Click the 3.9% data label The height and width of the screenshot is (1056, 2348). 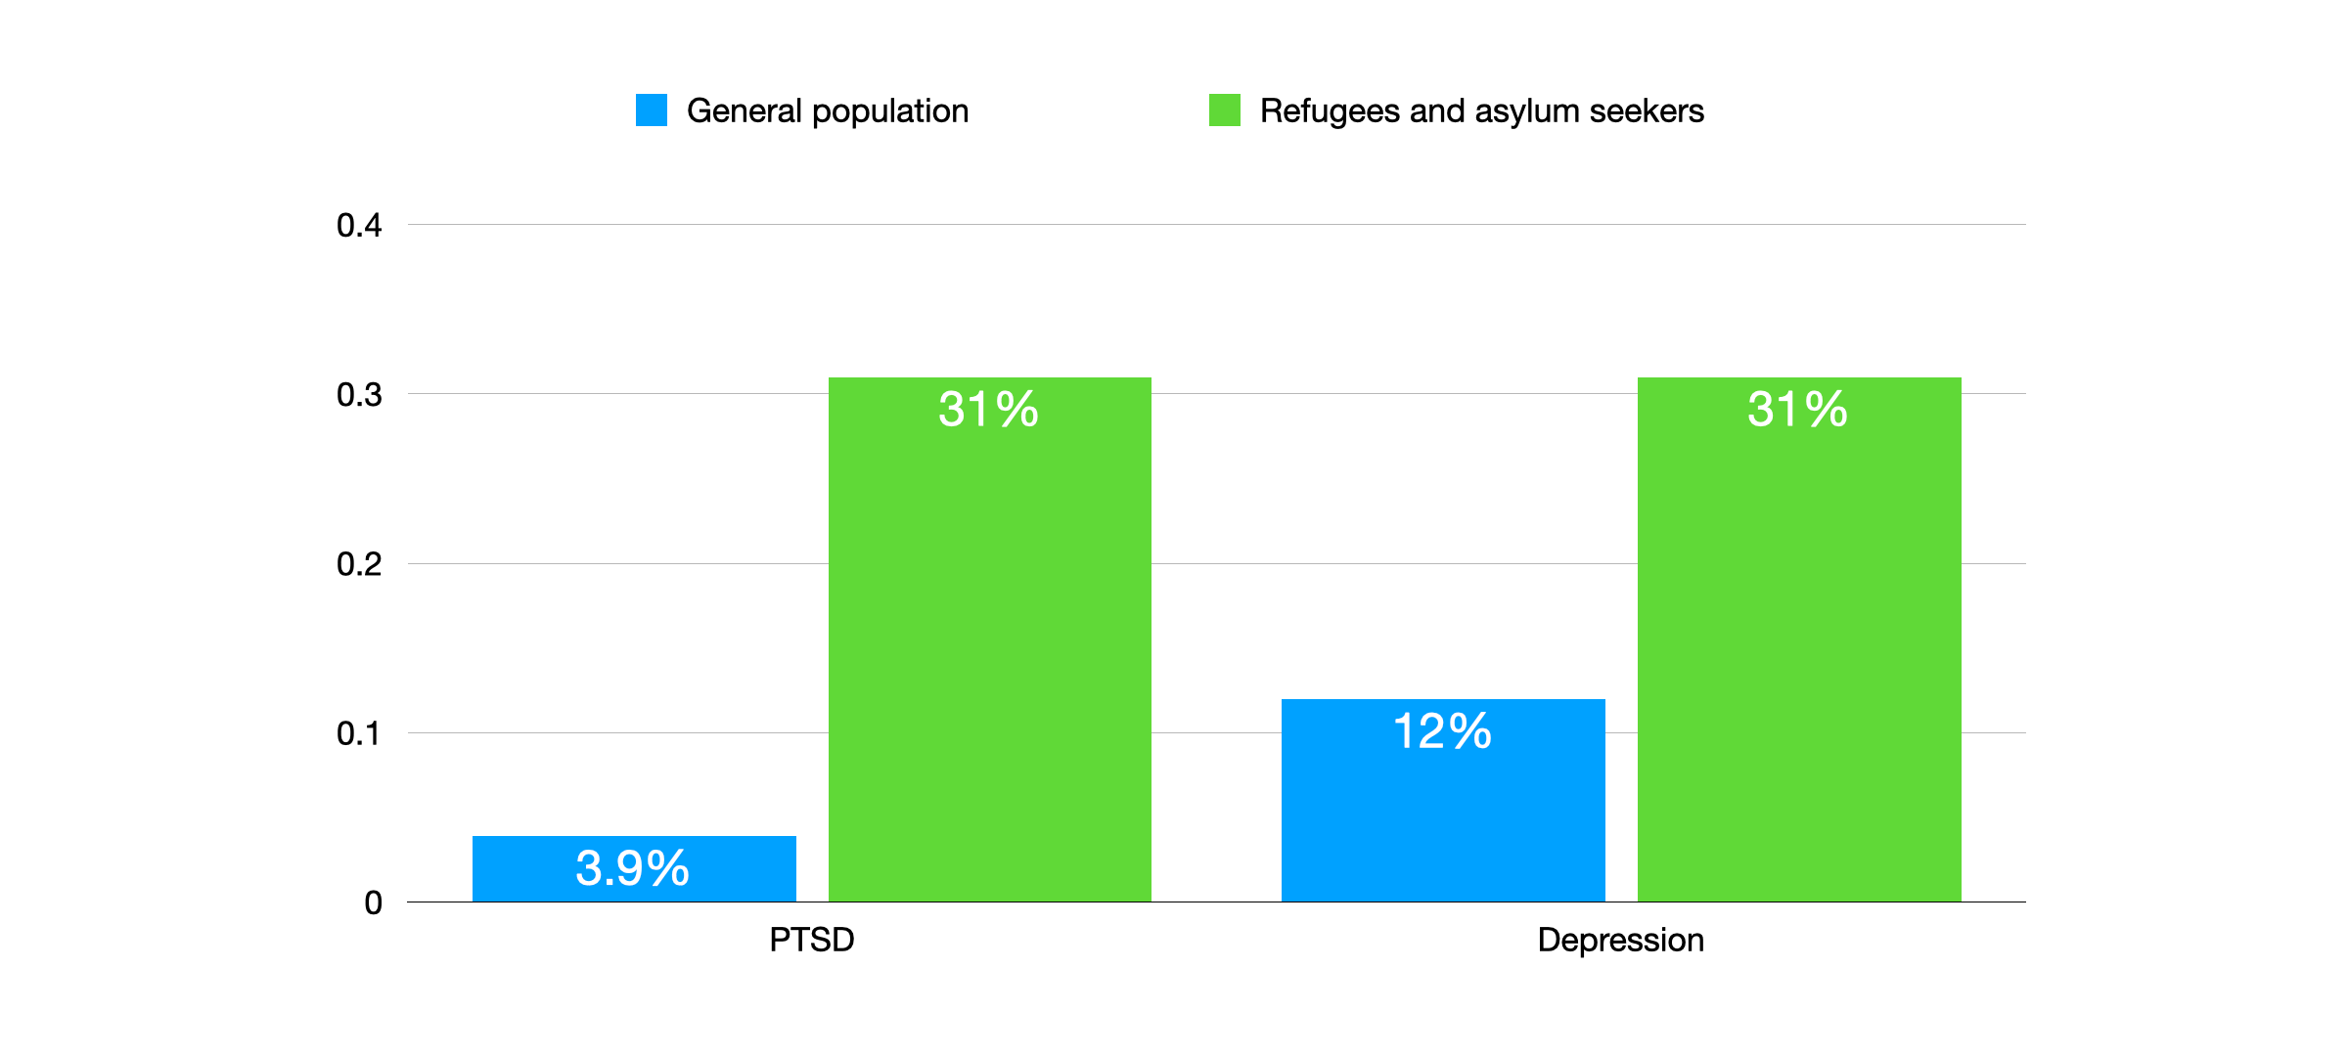pyautogui.click(x=633, y=868)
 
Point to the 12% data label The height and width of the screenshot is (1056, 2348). pyautogui.click(x=1442, y=731)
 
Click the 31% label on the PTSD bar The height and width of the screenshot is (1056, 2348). pyautogui.click(x=989, y=409)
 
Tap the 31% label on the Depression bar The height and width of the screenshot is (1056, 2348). pyautogui.click(x=1798, y=409)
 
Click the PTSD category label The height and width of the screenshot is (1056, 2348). pyautogui.click(x=812, y=940)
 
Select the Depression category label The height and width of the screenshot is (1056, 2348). pyautogui.click(x=1621, y=940)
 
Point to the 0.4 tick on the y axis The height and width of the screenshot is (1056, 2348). pyautogui.click(x=359, y=226)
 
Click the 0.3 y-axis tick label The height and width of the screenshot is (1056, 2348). pyautogui.click(x=359, y=395)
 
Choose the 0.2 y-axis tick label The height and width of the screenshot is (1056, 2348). pyautogui.click(x=359, y=564)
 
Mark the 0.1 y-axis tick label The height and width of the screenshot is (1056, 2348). pyautogui.click(x=359, y=733)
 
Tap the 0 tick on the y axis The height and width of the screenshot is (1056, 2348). pyautogui.click(x=373, y=902)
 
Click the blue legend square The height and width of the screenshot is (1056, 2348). pyautogui.click(x=652, y=110)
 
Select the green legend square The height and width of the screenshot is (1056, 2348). pyautogui.click(x=1225, y=110)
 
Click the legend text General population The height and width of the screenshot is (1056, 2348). pyautogui.click(x=828, y=111)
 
